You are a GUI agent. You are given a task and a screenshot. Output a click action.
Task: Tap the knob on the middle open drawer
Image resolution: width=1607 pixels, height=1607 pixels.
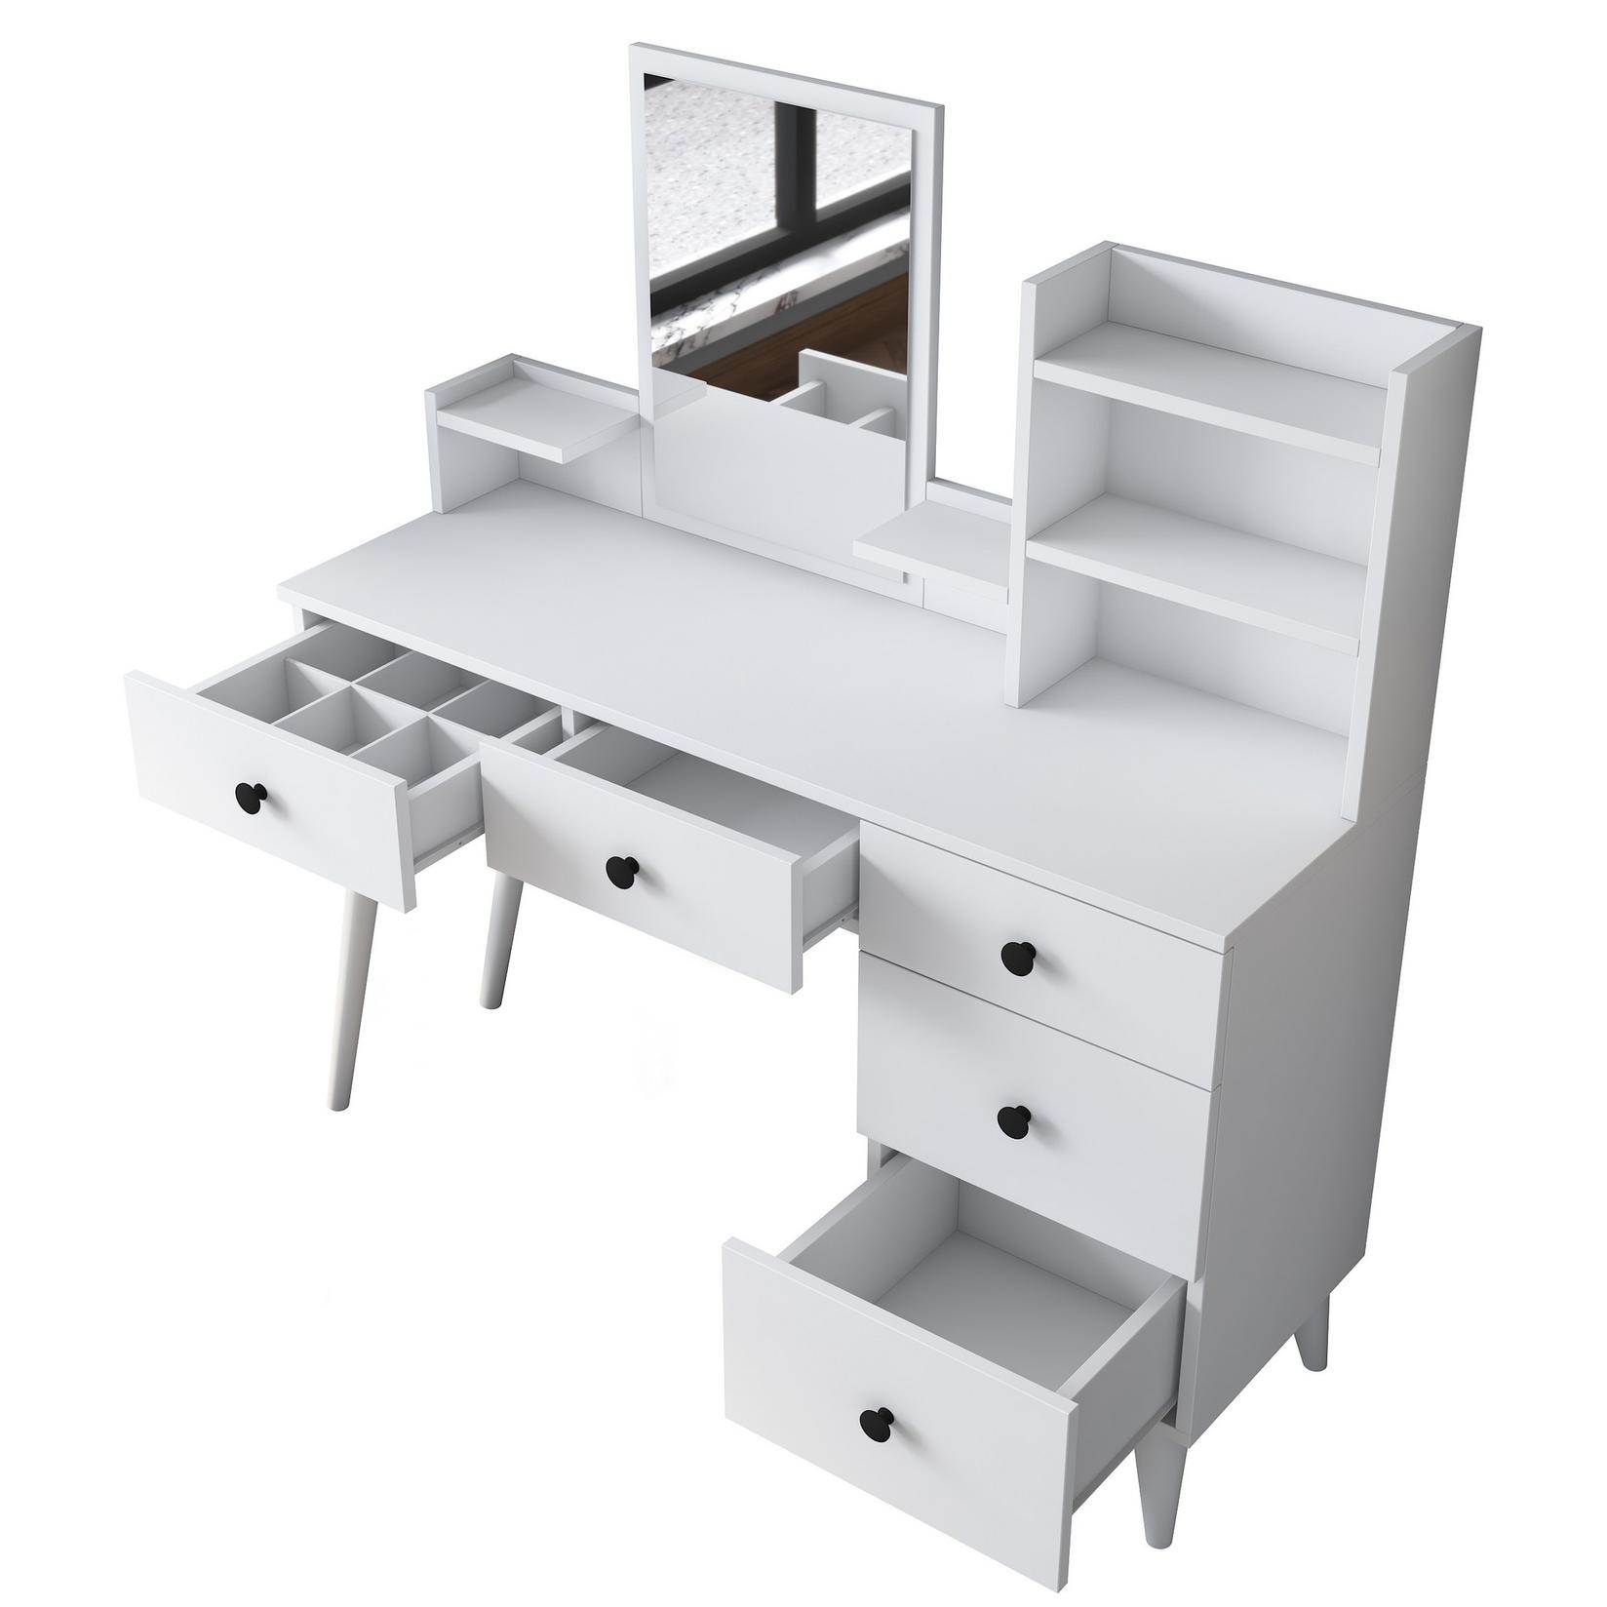(620, 870)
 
